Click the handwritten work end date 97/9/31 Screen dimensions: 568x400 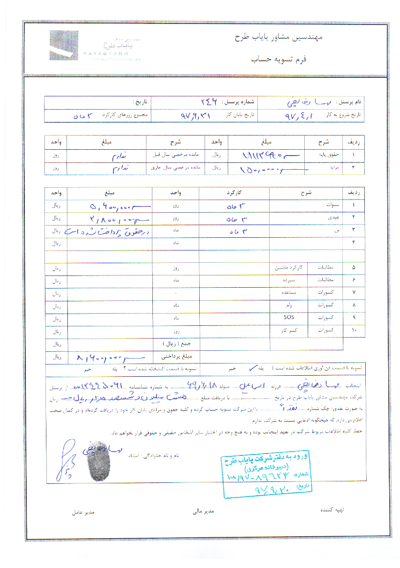[x=195, y=116]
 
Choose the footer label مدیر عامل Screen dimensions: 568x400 [x=83, y=512]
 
